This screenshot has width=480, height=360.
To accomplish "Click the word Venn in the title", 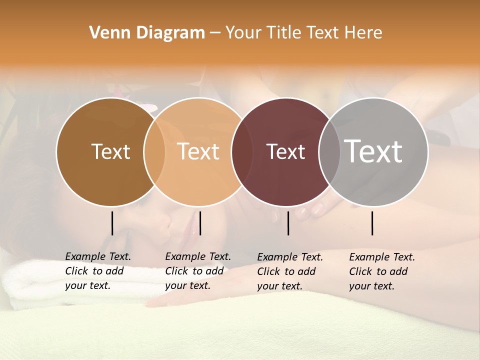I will point(107,33).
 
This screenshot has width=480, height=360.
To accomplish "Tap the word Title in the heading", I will point(286,33).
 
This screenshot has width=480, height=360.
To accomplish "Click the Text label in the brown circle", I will point(110,151).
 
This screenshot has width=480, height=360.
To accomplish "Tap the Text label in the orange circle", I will point(198,151).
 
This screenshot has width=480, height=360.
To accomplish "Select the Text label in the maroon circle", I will point(285,151).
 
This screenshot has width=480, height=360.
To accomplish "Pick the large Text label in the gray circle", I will point(373,151).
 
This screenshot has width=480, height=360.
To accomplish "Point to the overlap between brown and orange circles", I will point(154,151).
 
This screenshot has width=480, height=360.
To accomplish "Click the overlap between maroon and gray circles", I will point(329,151).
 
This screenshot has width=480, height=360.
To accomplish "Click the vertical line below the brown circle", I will point(112,223).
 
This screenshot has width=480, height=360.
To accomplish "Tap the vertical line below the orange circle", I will point(200,223).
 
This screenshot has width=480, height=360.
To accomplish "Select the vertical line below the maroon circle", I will point(288,223).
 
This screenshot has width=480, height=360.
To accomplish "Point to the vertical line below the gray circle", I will point(372,223).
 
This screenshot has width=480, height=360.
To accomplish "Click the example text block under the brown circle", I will point(97,271).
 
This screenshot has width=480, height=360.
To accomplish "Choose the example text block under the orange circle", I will point(197,271).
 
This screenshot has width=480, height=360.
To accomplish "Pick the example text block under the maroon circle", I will point(289,271).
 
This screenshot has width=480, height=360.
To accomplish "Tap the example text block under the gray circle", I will point(381,271).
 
